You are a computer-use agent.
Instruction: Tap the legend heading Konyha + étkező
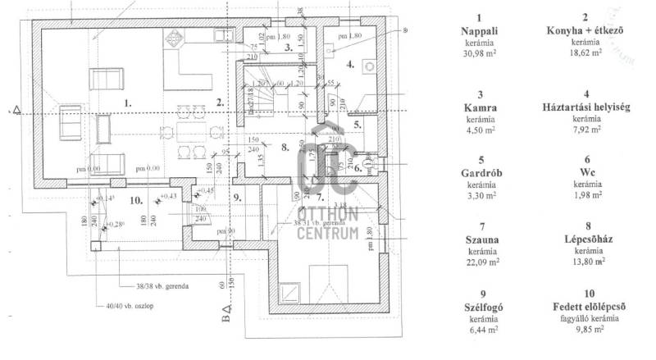point(585,31)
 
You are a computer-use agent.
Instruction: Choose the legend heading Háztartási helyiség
point(585,108)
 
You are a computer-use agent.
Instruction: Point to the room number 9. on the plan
point(236,197)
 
